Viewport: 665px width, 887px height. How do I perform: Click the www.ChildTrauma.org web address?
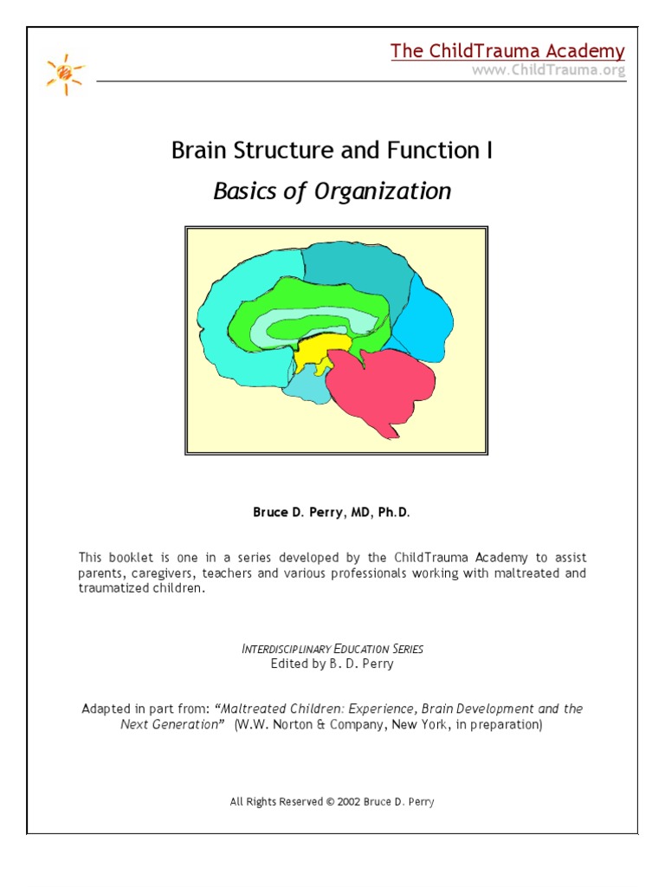click(548, 70)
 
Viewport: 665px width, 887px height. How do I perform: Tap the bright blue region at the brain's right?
click(424, 316)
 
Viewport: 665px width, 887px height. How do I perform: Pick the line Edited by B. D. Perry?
click(332, 664)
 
